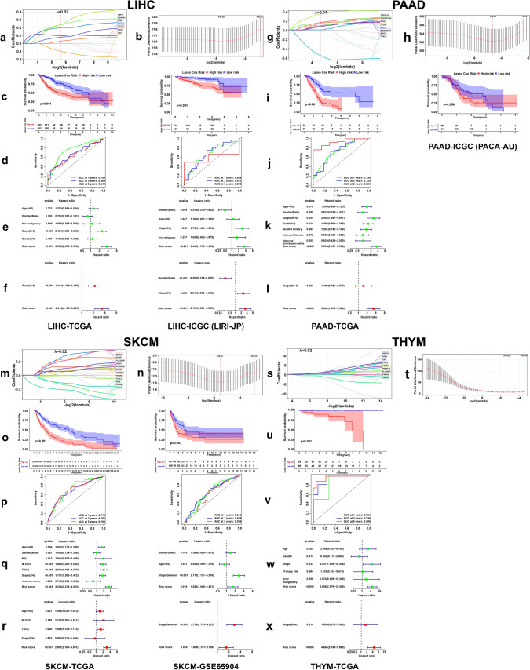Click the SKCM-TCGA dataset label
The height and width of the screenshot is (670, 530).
click(69, 663)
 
